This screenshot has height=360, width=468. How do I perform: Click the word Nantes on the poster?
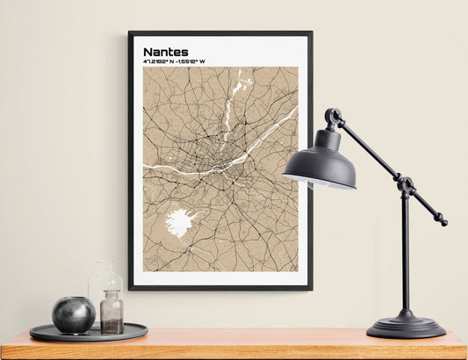click(x=165, y=52)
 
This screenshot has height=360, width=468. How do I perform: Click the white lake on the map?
click(x=181, y=222)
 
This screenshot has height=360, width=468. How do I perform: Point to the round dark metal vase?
click(x=73, y=314)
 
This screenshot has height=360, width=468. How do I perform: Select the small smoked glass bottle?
click(x=112, y=313)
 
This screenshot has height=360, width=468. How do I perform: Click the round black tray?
click(x=88, y=333)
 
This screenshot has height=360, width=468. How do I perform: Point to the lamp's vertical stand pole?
click(x=405, y=255)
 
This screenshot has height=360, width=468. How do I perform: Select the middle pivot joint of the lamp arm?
click(x=405, y=185)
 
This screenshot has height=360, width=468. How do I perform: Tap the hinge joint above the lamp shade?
click(x=333, y=116)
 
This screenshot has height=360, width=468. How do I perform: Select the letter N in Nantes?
click(x=148, y=52)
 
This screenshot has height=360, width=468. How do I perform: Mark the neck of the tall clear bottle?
click(x=104, y=267)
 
